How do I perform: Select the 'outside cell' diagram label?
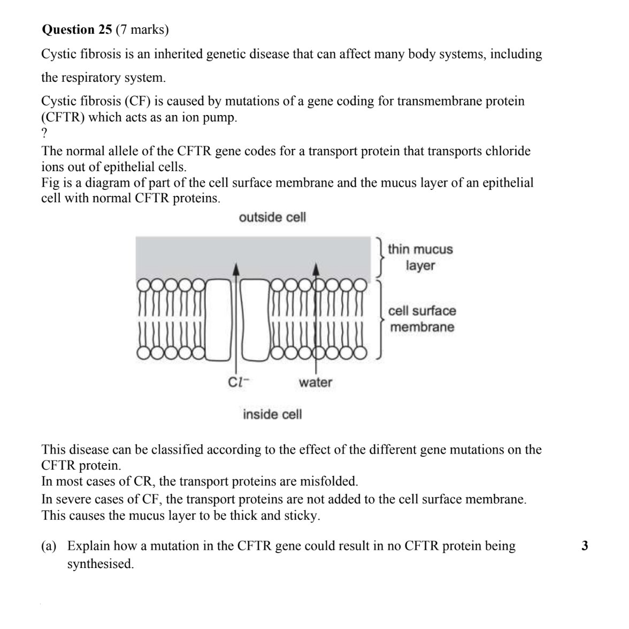(272, 217)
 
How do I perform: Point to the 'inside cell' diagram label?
(272, 415)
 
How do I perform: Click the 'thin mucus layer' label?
(420, 257)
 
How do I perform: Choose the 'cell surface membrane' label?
(422, 319)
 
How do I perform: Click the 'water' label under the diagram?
(315, 382)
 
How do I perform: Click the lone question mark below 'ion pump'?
(44, 133)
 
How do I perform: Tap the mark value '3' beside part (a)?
(585, 546)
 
